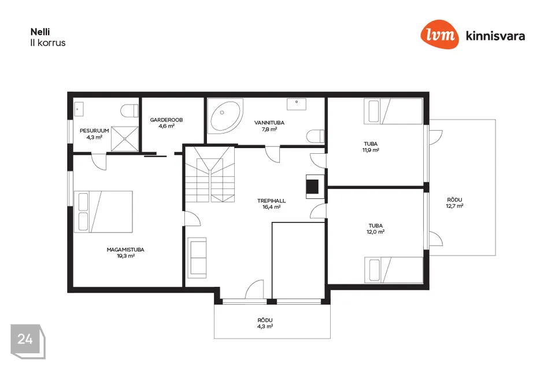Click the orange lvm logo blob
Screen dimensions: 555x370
(439, 34)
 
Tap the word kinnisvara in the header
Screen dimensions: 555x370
(495, 36)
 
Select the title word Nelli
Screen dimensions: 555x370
(40, 32)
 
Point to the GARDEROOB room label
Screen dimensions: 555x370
(166, 120)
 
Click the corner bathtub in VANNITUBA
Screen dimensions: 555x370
(225, 116)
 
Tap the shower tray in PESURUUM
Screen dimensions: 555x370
(125, 139)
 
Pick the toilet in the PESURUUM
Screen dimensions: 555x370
(129, 111)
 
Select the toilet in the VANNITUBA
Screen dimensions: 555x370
(316, 136)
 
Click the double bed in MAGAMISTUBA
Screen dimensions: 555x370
(103, 212)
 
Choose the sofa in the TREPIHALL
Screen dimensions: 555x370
(197, 258)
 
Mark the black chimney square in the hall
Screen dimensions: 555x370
(312, 187)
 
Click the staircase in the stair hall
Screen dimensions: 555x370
(210, 174)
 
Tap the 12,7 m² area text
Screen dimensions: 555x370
(455, 206)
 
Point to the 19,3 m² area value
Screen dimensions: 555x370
(125, 256)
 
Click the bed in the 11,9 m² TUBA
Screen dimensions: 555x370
(393, 111)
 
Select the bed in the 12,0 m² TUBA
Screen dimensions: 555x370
(394, 270)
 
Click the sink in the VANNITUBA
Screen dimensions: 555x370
(297, 104)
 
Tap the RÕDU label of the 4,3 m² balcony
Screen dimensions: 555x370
(265, 320)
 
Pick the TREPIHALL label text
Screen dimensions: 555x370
(272, 201)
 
